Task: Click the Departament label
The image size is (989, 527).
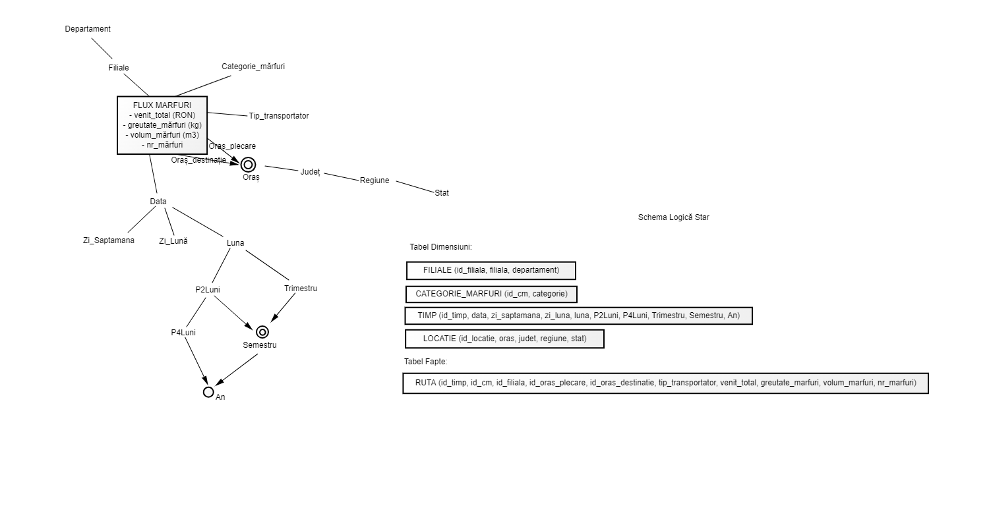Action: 88,29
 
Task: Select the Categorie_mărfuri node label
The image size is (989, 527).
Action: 253,67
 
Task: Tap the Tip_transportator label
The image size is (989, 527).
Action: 279,116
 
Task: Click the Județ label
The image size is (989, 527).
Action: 310,172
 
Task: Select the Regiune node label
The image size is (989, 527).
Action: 375,180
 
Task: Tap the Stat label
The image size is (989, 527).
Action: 442,193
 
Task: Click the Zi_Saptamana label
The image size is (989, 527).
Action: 109,240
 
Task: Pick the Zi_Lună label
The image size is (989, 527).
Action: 173,241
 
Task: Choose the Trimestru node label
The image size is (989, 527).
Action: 301,289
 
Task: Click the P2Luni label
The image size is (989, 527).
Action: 208,290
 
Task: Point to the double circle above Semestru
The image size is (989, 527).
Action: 262,327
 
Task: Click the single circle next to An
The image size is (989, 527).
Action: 208,387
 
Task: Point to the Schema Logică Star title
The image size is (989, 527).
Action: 673,217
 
